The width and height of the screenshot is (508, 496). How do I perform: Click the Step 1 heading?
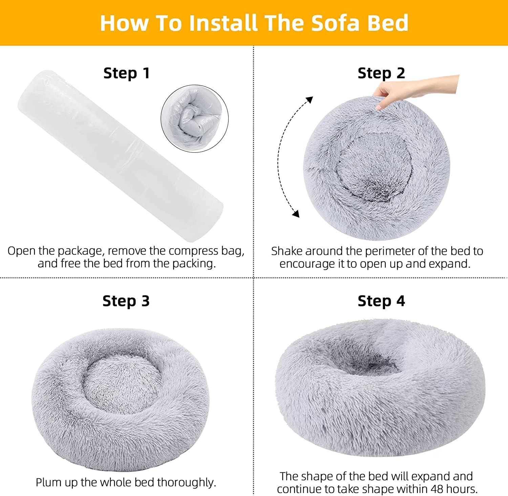[x=126, y=73]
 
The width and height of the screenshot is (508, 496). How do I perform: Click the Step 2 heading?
[x=381, y=73]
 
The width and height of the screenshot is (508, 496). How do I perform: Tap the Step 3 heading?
[x=126, y=301]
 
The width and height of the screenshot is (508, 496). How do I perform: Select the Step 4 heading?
[x=381, y=301]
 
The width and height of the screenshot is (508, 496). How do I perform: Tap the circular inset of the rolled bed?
[x=194, y=118]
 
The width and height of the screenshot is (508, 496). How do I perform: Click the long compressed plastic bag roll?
[x=120, y=156]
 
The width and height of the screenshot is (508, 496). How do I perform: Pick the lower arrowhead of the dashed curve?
[x=296, y=213]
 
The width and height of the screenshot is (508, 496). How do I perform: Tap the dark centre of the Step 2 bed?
[x=373, y=169]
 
